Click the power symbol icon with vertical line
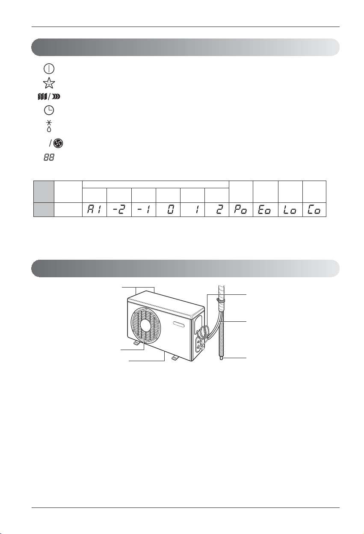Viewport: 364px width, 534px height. point(49,68)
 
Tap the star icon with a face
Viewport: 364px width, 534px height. point(49,83)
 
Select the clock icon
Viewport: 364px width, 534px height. point(49,110)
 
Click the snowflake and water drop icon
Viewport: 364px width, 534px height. point(49,126)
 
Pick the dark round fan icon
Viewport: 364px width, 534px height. point(58,143)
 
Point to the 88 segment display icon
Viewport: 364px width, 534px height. point(49,157)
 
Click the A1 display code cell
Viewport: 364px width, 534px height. point(95,210)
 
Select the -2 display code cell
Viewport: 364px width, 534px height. point(119,210)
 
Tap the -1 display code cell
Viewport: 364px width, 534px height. point(143,210)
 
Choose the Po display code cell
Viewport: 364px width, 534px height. point(241,210)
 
